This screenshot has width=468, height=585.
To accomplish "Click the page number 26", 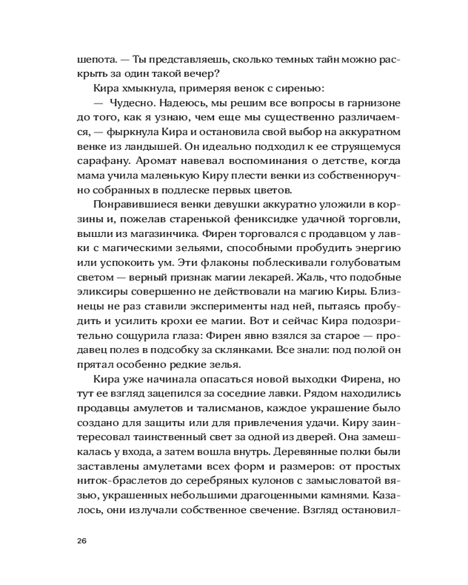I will (x=82, y=540).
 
